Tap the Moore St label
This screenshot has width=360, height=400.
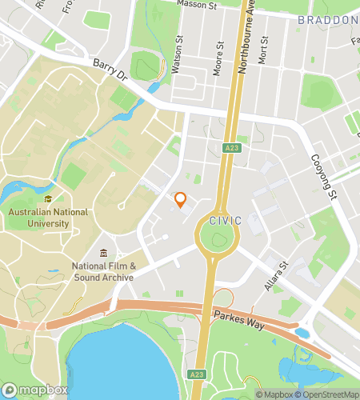[217, 62]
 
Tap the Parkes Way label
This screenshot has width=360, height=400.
[234, 315]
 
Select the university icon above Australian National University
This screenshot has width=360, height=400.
[49, 198]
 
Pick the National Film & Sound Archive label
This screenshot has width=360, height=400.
[104, 272]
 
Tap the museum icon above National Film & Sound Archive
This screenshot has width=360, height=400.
[104, 254]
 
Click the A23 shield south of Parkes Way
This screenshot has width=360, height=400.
[198, 374]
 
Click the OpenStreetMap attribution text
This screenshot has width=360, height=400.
[327, 394]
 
